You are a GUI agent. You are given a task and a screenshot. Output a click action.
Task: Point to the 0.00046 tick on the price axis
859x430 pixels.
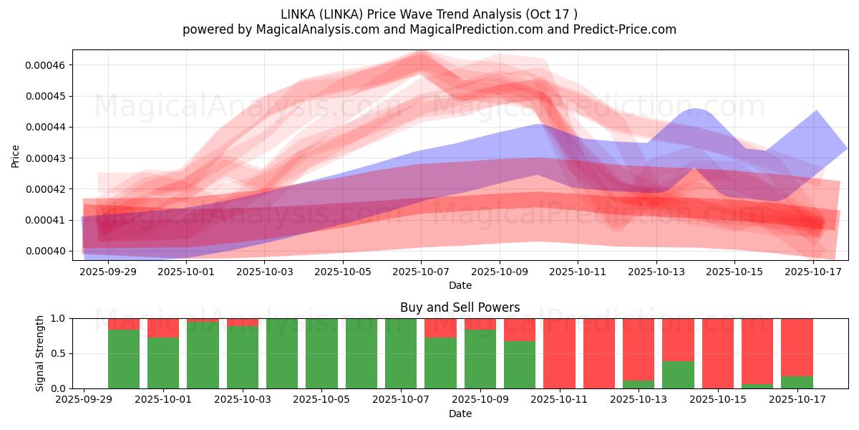point(45,65)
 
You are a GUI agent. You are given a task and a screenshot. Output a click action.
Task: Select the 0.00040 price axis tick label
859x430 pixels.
point(45,251)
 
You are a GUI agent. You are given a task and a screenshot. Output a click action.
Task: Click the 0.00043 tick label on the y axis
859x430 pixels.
point(45,158)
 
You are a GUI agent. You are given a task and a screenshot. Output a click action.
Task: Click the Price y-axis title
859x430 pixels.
point(16,156)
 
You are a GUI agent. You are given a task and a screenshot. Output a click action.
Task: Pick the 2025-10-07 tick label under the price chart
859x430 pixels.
point(421,272)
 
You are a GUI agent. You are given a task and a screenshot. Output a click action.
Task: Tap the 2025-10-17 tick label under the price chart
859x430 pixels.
point(813,272)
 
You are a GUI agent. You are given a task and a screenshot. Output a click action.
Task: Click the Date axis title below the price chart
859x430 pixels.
point(460,285)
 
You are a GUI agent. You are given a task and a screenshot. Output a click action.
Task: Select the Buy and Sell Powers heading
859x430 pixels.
point(460,307)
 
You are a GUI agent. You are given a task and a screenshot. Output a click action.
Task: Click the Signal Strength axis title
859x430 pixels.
point(40,353)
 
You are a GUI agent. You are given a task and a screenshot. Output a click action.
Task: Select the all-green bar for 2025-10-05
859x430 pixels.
point(321,353)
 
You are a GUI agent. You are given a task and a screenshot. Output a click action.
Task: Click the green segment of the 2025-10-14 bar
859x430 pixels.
point(678,375)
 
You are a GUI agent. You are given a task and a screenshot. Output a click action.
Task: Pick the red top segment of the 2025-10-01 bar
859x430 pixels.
point(163,328)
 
